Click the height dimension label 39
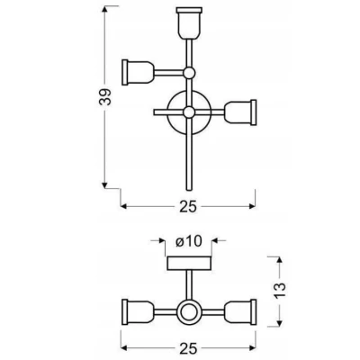104,96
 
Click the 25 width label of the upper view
188,206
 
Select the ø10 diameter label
189,241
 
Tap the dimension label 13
279,290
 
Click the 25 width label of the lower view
188,348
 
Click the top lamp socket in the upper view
188,23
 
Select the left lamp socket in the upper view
139,72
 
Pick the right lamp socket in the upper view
240,112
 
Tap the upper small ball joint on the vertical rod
189,73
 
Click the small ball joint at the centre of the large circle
189,112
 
